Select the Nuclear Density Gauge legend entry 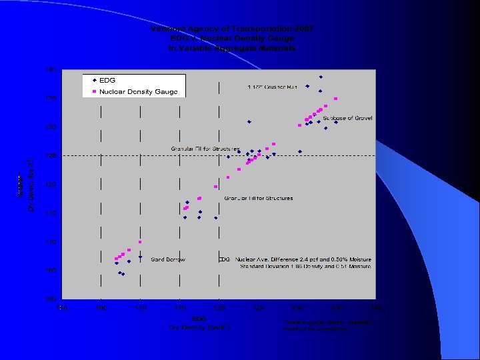click(x=138, y=91)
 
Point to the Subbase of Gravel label click(x=347, y=118)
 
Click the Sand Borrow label click(x=168, y=259)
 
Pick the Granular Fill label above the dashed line click(x=196, y=148)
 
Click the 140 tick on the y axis click(x=51, y=69)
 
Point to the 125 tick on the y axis click(x=51, y=155)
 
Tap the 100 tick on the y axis click(x=51, y=299)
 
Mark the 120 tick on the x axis click(x=219, y=308)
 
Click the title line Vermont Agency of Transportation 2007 click(x=232, y=29)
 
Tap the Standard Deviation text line click(x=306, y=267)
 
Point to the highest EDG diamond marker click(x=321, y=77)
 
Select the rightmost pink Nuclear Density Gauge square click(x=336, y=99)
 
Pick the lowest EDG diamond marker click(x=123, y=274)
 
